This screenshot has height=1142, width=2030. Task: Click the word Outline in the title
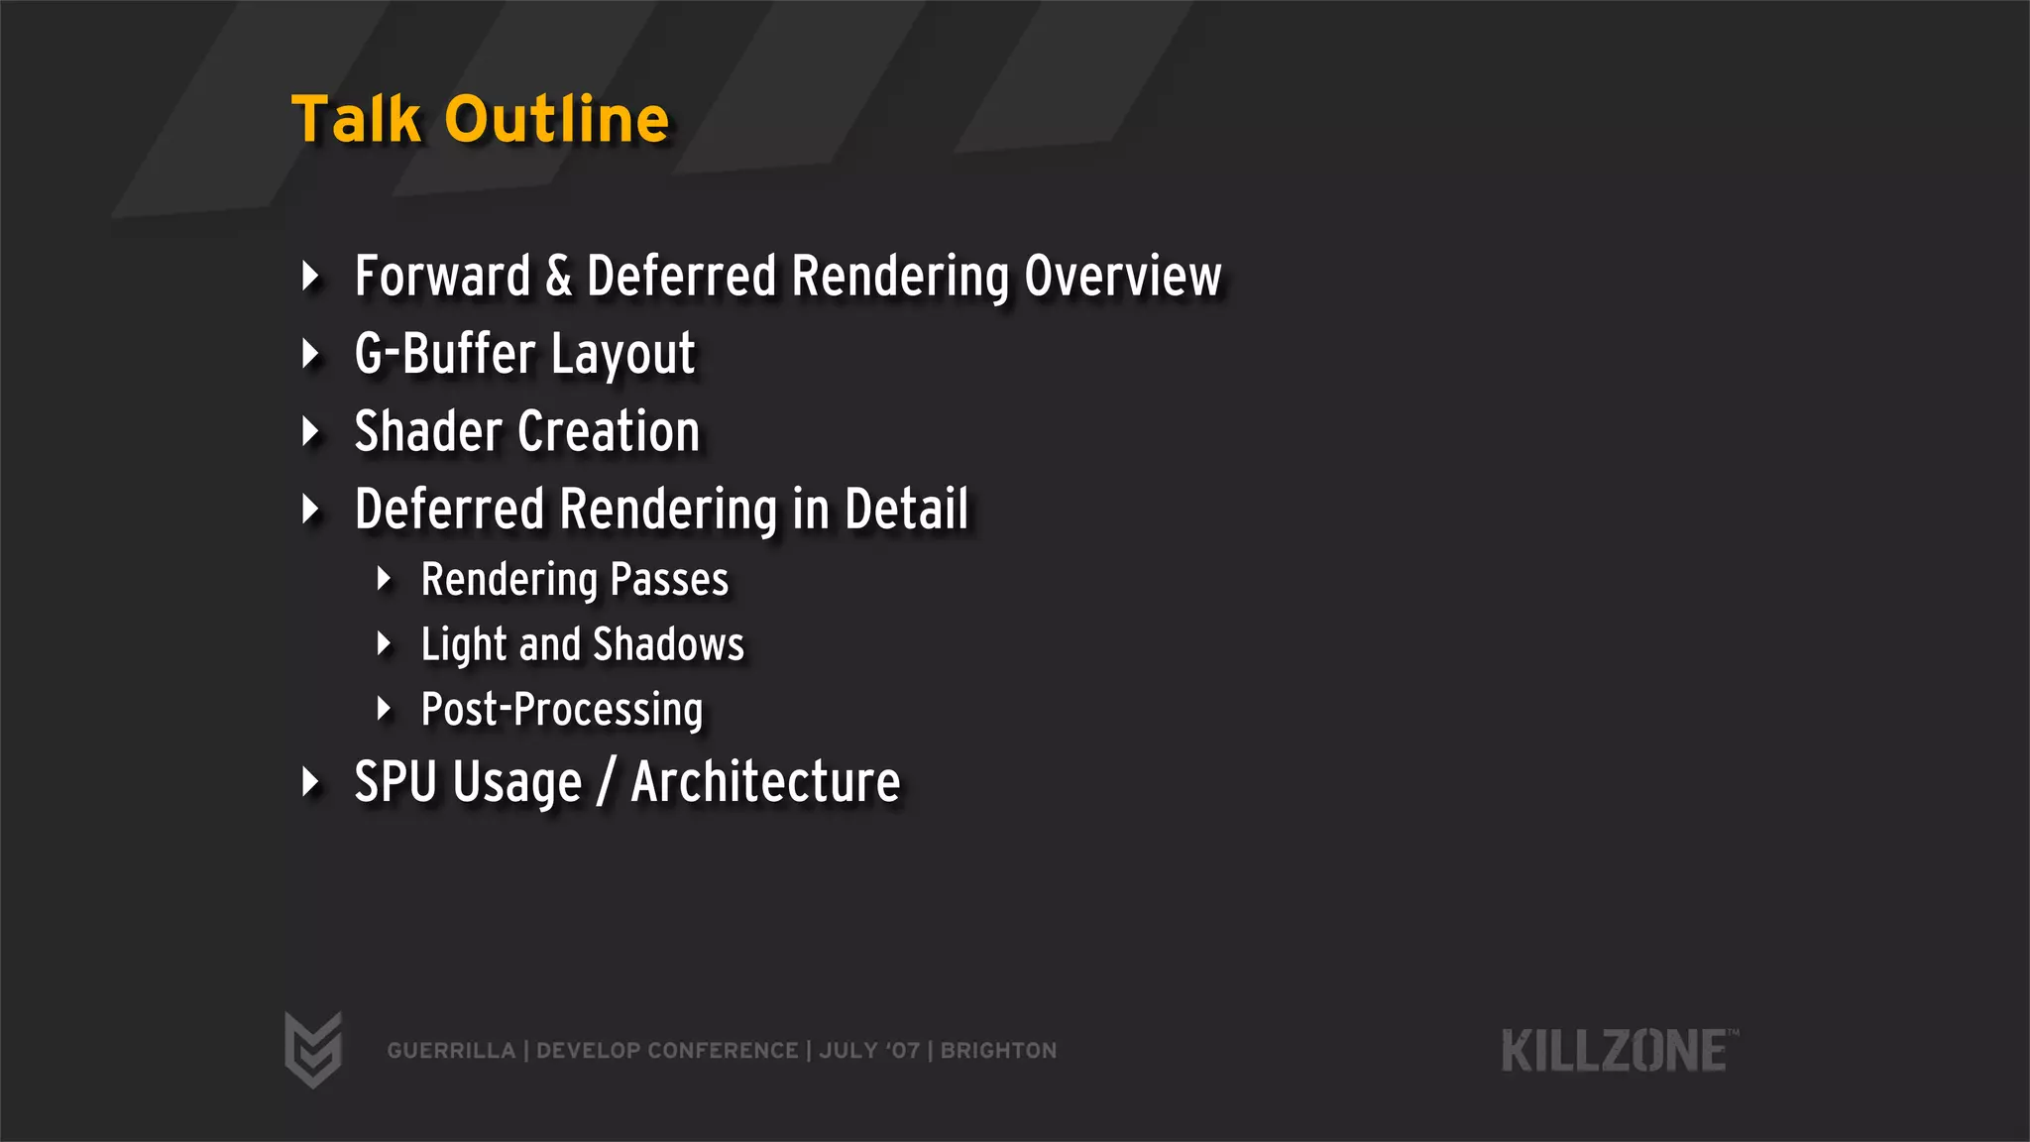tap(557, 120)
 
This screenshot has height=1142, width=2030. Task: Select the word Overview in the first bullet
tap(1123, 276)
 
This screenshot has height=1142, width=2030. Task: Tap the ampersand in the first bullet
tap(559, 276)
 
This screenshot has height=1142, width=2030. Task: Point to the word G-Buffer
tap(445, 354)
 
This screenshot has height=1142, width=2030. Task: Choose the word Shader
tap(428, 431)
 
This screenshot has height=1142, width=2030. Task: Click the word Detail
tap(906, 509)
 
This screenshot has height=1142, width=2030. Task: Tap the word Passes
tap(669, 580)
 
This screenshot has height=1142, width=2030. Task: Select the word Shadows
tap(668, 644)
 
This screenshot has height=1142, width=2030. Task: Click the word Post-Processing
tap(562, 710)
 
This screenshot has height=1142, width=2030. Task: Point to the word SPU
tap(395, 782)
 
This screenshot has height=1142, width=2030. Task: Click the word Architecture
tap(765, 782)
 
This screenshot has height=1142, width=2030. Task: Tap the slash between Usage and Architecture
tap(606, 784)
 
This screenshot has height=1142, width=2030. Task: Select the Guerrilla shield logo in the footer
tap(313, 1050)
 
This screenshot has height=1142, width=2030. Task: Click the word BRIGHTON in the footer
tap(998, 1051)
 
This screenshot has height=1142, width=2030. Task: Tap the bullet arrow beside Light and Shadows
tap(385, 644)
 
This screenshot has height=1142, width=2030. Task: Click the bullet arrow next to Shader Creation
tap(311, 431)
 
